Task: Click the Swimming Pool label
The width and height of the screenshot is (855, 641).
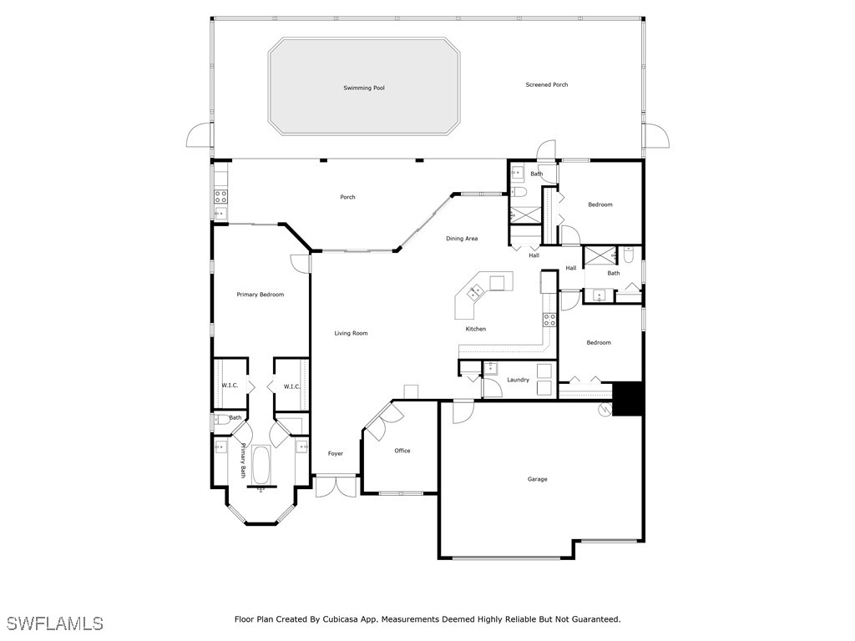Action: click(364, 88)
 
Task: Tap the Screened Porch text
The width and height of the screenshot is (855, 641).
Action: click(547, 84)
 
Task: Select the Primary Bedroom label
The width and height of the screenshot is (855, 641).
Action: click(261, 295)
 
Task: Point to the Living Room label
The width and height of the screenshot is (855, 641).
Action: click(352, 333)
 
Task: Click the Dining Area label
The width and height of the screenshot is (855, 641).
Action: click(462, 238)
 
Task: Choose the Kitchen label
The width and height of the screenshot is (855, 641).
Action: click(475, 329)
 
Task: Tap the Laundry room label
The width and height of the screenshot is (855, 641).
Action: click(518, 380)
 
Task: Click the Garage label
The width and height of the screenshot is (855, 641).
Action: click(537, 479)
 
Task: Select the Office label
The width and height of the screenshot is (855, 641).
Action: click(402, 451)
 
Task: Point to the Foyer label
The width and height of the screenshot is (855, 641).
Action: click(336, 453)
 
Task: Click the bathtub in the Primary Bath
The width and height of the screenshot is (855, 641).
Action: click(261, 465)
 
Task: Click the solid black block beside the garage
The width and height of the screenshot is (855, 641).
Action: click(628, 399)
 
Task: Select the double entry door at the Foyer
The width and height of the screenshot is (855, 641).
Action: click(336, 486)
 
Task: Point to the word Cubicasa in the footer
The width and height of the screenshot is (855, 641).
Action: click(341, 619)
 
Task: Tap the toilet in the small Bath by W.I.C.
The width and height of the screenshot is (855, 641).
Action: click(220, 419)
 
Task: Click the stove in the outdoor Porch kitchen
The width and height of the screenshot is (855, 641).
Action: click(220, 196)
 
